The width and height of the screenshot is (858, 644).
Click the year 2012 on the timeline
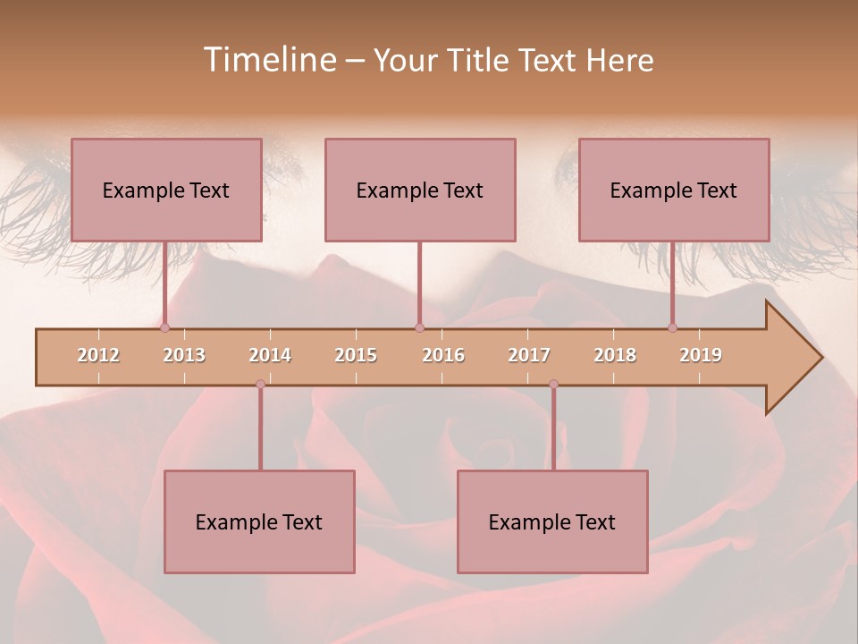coord(98,355)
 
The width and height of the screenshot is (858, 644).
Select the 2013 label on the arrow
coord(184,355)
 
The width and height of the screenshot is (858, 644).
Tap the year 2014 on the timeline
coord(270,355)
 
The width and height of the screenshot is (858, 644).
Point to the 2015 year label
coord(356,355)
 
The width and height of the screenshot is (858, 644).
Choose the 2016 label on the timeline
coord(443,355)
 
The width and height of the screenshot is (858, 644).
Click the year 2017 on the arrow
coord(529,355)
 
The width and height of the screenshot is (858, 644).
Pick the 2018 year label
coord(615,355)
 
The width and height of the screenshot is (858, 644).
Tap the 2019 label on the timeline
coord(701,355)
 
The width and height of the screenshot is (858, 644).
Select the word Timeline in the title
coord(267,60)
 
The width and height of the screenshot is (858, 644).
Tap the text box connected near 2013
coord(166,190)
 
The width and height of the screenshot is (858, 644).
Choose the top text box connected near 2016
coord(420,190)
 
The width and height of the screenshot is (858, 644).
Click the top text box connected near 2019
coord(674,190)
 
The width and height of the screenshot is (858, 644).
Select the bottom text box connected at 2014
coord(259,521)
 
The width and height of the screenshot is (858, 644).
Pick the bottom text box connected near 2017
coord(552,521)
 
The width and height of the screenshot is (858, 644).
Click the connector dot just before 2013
coord(164,328)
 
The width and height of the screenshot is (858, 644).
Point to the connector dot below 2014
coord(260,384)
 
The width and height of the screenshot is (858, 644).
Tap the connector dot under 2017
coord(553,384)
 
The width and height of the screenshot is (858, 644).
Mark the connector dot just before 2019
coord(672,328)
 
